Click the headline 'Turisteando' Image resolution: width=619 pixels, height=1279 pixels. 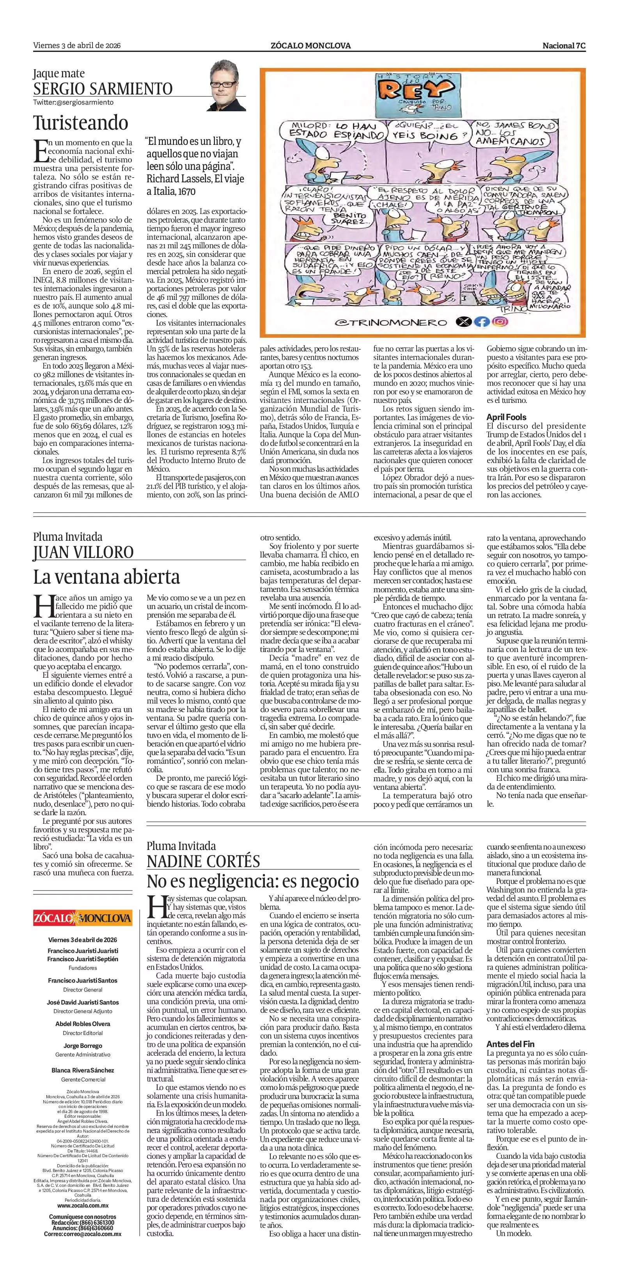coord(81,122)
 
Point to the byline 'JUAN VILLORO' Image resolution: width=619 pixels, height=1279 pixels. coord(83,552)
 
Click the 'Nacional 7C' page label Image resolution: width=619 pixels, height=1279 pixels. coord(564,46)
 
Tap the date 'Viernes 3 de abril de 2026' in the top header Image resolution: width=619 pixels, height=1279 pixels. coord(77,46)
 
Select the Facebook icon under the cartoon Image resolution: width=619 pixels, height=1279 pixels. coord(481,322)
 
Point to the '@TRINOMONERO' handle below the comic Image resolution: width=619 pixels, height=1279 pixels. coord(391,322)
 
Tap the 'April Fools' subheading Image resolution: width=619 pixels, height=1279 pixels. coord(506,417)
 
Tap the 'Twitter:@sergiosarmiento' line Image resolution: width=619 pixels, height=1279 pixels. coord(73,102)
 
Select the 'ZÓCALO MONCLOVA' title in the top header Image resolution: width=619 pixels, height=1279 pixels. coord(310,46)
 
